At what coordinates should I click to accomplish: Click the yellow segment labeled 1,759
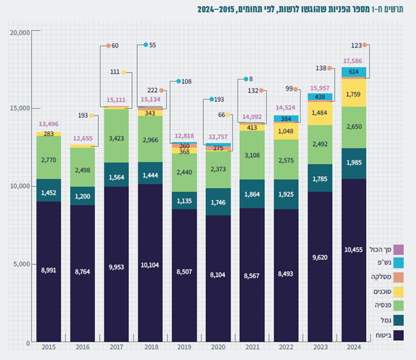click(354, 93)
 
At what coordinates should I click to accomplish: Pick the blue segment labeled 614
click(354, 72)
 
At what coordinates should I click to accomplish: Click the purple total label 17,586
click(354, 61)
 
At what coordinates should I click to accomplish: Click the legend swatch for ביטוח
click(399, 334)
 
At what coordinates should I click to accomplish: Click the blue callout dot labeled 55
click(146, 45)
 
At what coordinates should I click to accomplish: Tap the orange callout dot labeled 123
click(364, 45)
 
